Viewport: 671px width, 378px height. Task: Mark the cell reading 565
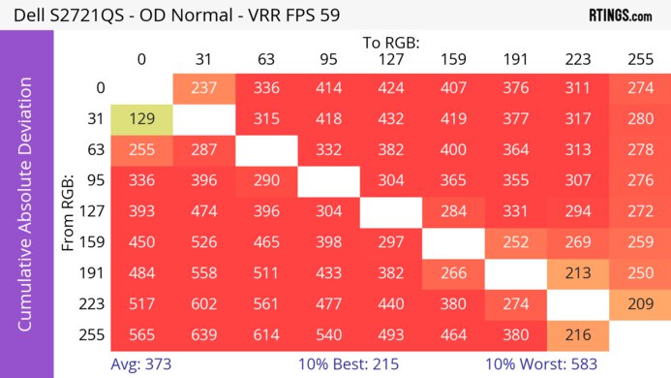(141, 336)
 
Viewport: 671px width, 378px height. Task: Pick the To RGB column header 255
(639, 59)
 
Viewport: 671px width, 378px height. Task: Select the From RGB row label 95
(94, 181)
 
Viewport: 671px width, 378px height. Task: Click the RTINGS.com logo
(620, 16)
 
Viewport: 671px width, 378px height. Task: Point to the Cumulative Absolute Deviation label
(26, 211)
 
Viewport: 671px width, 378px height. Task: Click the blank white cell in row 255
(639, 336)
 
